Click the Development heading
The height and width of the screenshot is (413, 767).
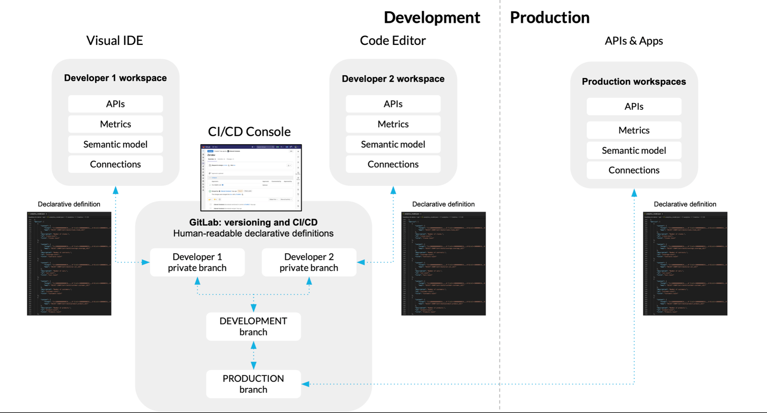[431, 18]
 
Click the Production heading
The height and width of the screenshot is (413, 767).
[549, 18]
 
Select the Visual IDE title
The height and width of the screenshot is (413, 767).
[114, 40]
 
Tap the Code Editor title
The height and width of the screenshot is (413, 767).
[392, 40]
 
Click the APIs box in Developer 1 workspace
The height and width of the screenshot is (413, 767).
[115, 104]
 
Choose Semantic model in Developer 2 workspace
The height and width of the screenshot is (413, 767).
[393, 144]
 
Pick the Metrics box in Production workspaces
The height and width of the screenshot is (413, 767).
[634, 130]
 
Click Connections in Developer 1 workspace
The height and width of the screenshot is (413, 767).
[115, 164]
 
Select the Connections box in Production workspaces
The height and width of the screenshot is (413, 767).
[634, 170]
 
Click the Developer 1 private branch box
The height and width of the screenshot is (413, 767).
[197, 262]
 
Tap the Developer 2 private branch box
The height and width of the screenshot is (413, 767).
[309, 262]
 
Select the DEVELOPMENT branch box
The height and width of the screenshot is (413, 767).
[253, 326]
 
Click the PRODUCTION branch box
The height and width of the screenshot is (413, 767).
[253, 384]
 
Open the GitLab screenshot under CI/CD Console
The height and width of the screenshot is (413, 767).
[251, 177]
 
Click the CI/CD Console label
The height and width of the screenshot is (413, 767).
[249, 132]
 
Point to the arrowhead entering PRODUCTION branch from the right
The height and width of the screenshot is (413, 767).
[305, 384]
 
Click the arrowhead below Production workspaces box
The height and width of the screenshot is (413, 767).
[634, 193]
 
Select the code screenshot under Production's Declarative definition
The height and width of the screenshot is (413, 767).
[685, 263]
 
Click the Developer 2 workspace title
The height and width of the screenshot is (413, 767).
[393, 79]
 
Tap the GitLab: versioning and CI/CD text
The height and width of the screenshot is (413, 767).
[253, 222]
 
